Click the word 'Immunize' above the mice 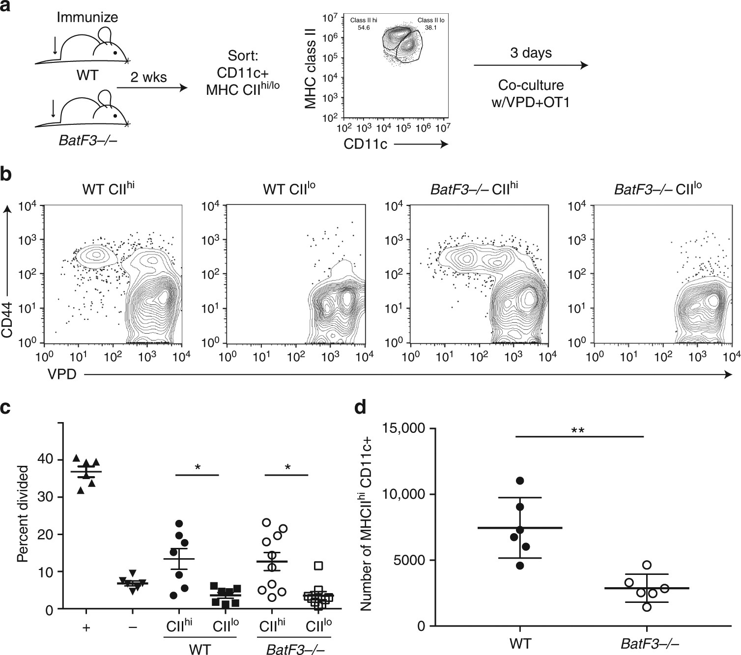(x=87, y=18)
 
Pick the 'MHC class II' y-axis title (x=310, y=67)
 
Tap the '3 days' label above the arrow (x=531, y=53)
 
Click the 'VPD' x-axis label (x=62, y=375)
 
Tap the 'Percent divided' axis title (x=22, y=514)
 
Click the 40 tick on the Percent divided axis (x=45, y=460)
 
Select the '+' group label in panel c (x=86, y=627)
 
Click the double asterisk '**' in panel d (x=577, y=431)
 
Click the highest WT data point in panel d (x=520, y=480)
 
